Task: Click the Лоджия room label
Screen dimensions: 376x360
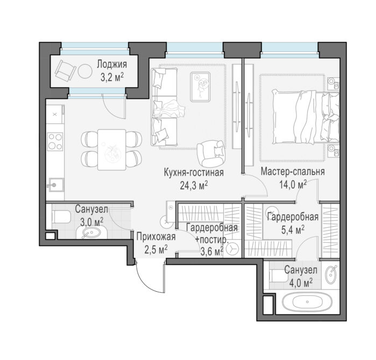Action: pyautogui.click(x=112, y=64)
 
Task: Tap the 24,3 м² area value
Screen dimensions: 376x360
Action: pyautogui.click(x=194, y=185)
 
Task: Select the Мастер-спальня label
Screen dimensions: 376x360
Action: pyautogui.click(x=293, y=172)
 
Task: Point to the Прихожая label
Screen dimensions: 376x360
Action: pyautogui.click(x=156, y=237)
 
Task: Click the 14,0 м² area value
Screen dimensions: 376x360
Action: pyautogui.click(x=293, y=184)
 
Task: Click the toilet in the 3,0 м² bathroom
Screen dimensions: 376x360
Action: pyautogui.click(x=61, y=217)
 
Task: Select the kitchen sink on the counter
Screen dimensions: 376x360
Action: pyautogui.click(x=55, y=185)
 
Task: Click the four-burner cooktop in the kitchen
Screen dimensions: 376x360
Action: pyautogui.click(x=55, y=141)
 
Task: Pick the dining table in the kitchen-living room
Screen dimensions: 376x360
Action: pyautogui.click(x=112, y=150)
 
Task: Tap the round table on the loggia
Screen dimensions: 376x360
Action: pyautogui.click(x=85, y=71)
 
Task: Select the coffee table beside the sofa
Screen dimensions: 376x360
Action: pyautogui.click(x=200, y=87)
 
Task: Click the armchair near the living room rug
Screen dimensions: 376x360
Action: pyautogui.click(x=210, y=153)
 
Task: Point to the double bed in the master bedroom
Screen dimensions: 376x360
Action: pyautogui.click(x=306, y=117)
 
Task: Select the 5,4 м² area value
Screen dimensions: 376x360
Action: pyautogui.click(x=293, y=230)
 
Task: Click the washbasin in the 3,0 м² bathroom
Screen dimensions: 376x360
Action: pyautogui.click(x=91, y=233)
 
